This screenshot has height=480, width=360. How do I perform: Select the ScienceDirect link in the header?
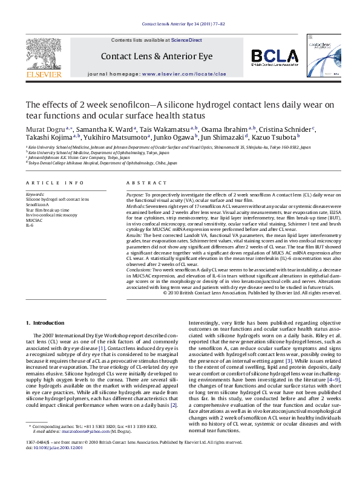click(x=186, y=39)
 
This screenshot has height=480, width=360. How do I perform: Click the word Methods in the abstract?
click(x=136, y=207)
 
